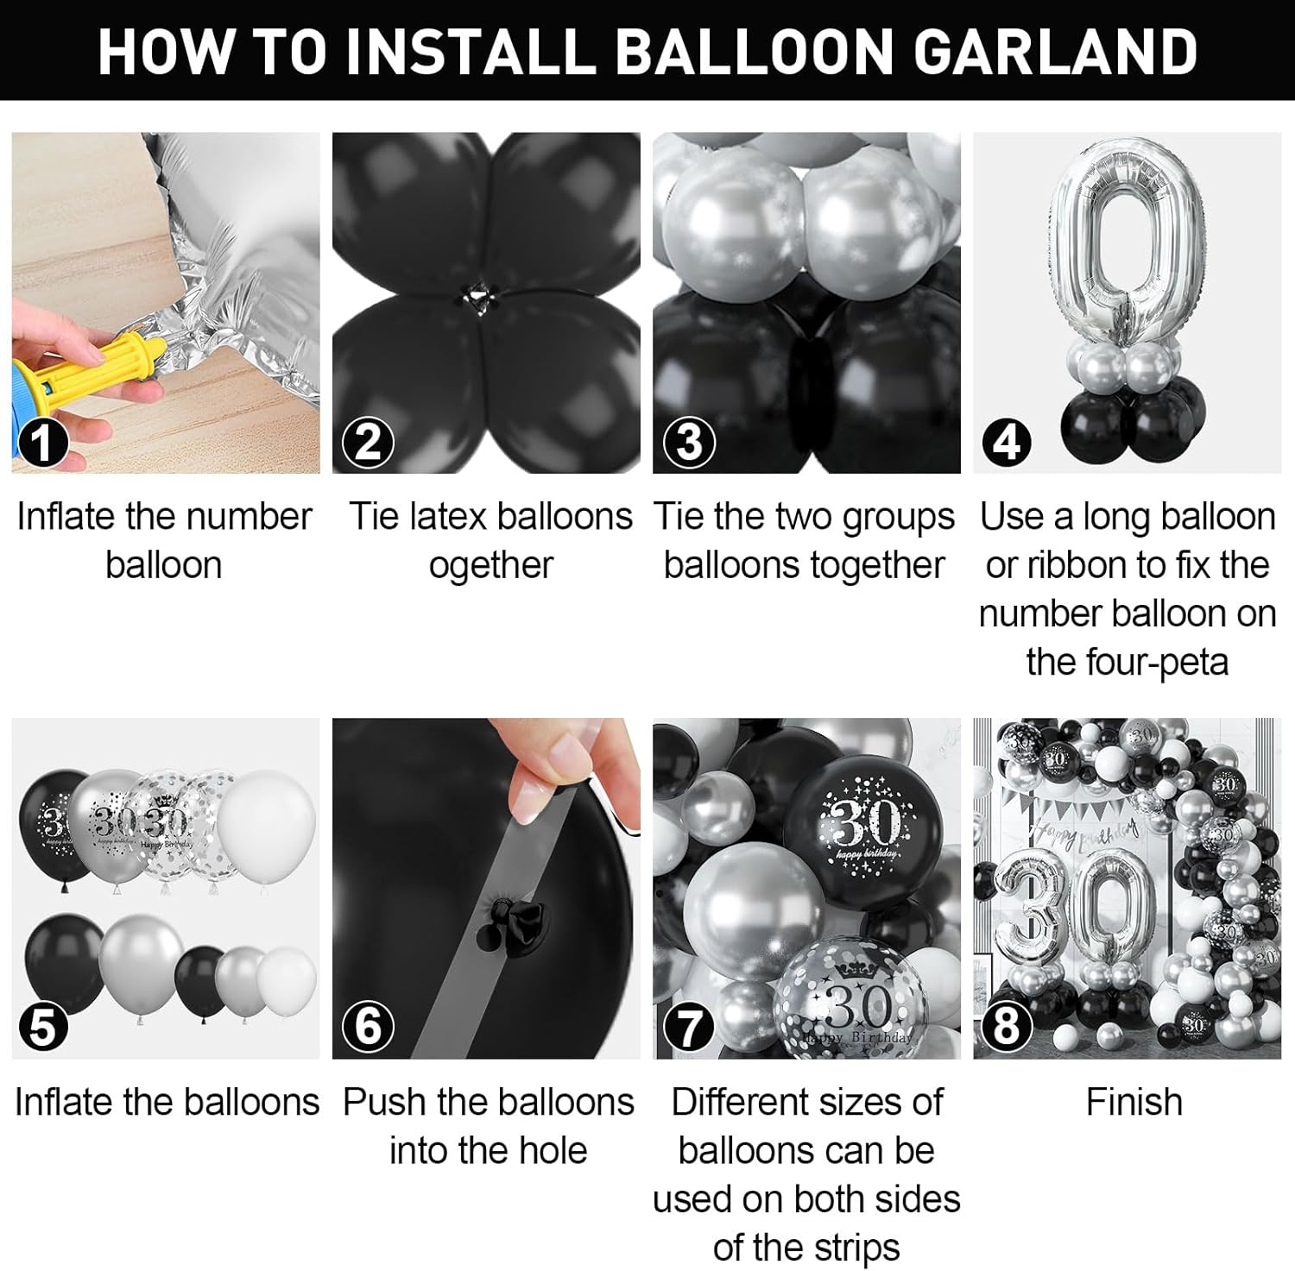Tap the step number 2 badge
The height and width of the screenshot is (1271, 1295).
(368, 443)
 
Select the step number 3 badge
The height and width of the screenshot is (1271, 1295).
(689, 443)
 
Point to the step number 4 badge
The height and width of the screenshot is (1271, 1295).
(1007, 443)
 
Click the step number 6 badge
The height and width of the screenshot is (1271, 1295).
(368, 1027)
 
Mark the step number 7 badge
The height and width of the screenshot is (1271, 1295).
(689, 1028)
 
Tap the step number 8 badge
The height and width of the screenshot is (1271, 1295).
(1007, 1028)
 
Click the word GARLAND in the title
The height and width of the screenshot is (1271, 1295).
(1055, 52)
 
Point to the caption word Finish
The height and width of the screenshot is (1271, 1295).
(1134, 1103)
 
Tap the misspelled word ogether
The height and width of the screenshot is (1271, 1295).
(490, 566)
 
